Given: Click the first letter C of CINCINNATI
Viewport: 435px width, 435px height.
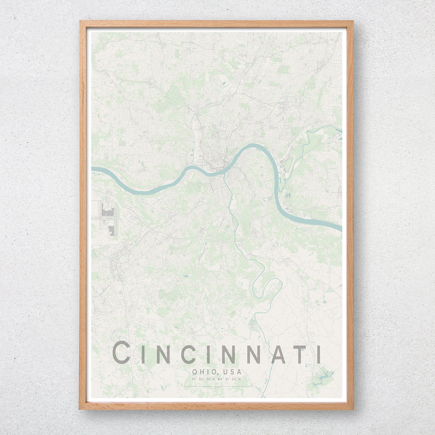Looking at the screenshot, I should pos(122,353).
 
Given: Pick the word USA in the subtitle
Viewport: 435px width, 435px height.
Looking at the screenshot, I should pos(232,372).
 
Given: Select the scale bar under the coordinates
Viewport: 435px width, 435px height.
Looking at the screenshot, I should pos(217,387).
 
